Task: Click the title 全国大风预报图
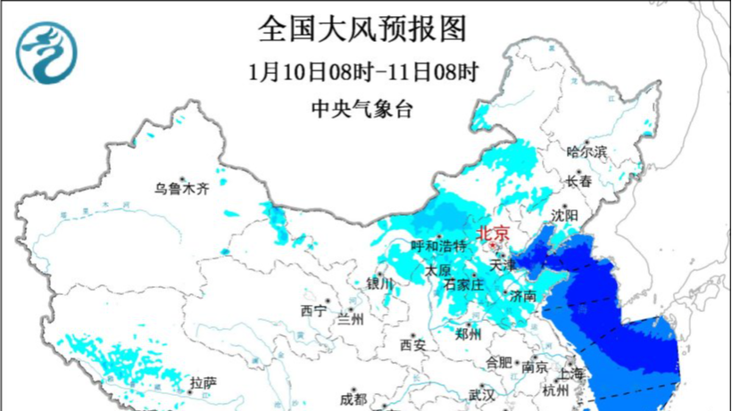[362, 29]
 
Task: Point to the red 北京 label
[495, 233]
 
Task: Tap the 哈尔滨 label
[586, 152]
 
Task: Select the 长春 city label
[578, 181]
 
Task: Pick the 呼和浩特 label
[438, 245]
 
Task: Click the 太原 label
[437, 269]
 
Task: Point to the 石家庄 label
[463, 284]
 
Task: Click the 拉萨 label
[203, 382]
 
